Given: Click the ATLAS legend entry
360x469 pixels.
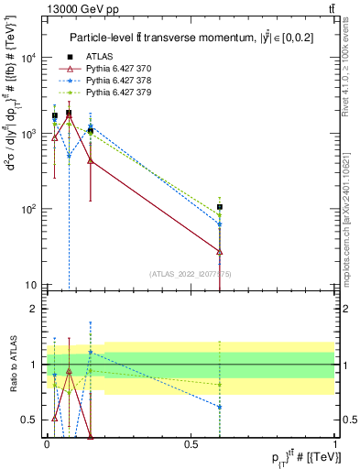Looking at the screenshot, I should [x=104, y=57].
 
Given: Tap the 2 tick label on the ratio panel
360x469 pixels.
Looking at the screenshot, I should [x=35, y=309].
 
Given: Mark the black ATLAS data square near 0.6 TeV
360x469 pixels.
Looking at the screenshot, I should [x=220, y=207].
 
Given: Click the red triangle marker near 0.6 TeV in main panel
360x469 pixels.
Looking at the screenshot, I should [x=220, y=250].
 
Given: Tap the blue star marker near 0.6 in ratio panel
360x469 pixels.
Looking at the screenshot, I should [x=220, y=407].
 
